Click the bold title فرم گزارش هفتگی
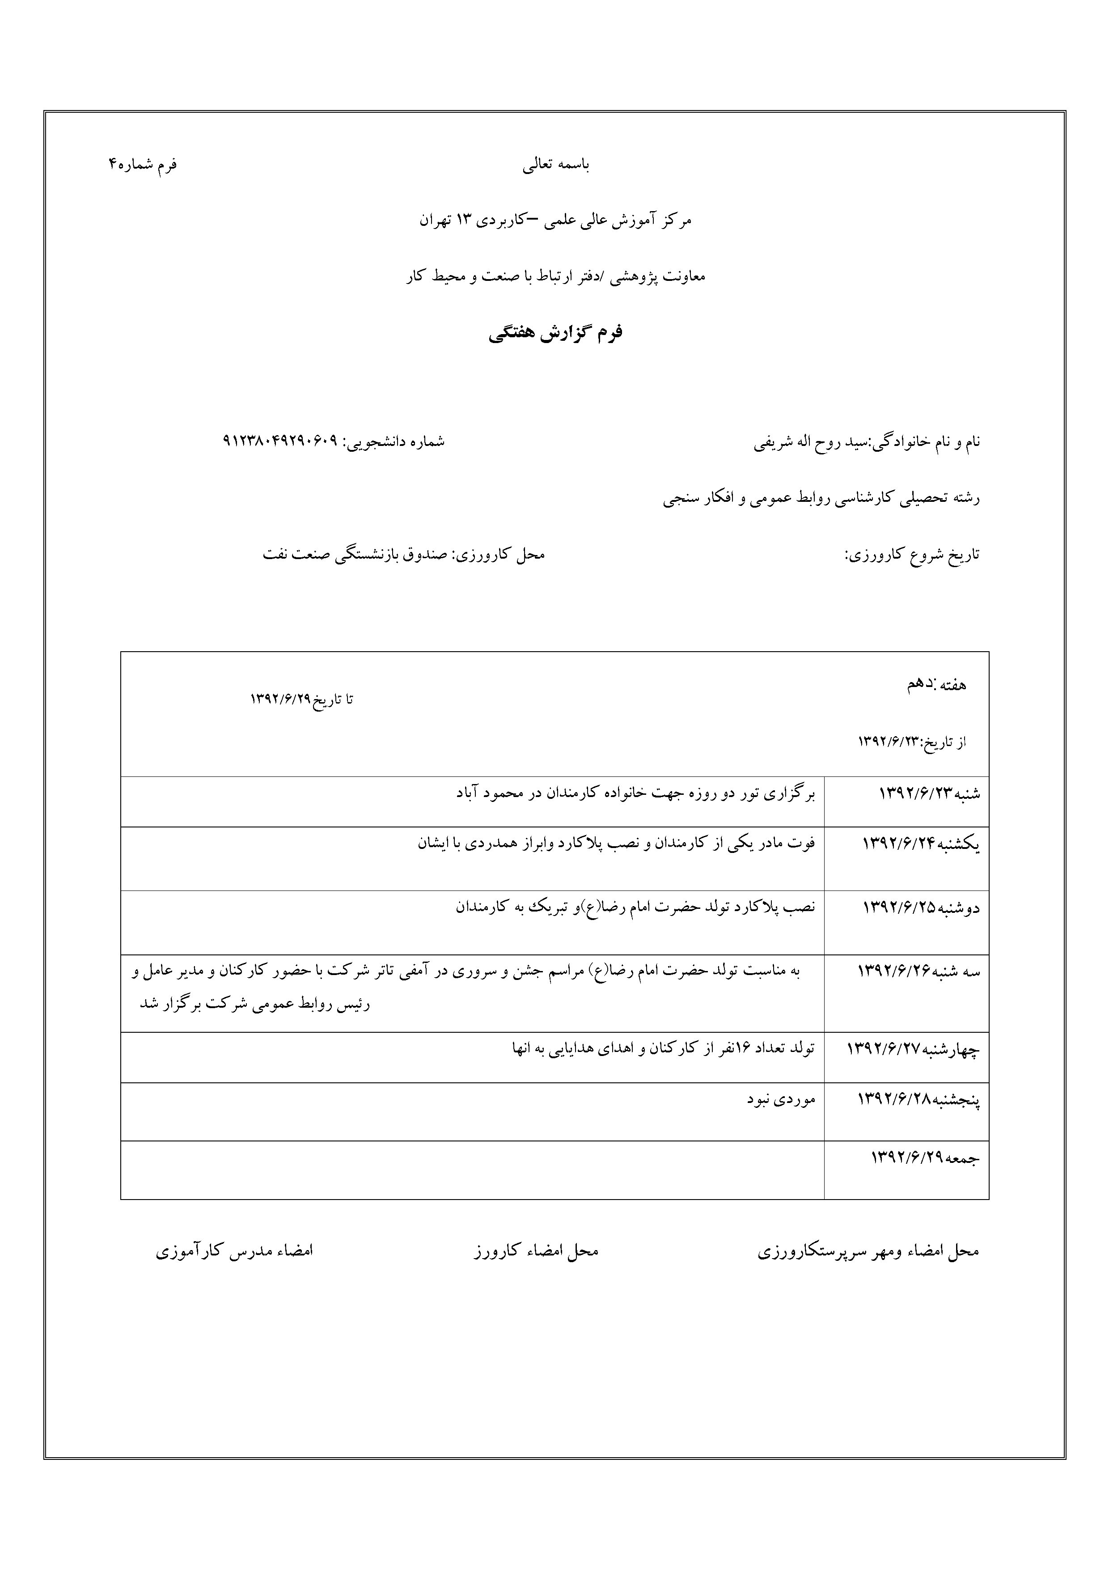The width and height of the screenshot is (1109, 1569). click(555, 334)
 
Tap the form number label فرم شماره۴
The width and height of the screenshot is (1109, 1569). click(142, 165)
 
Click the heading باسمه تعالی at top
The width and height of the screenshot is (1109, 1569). click(555, 165)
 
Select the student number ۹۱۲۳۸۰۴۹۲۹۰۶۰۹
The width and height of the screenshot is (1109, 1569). click(281, 441)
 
